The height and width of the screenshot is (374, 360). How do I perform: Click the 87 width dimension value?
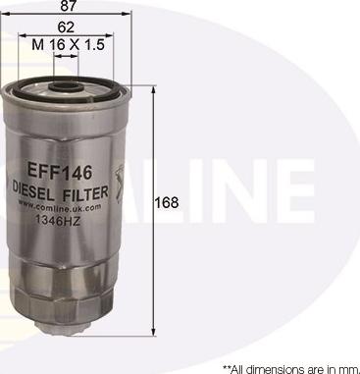click(68, 7)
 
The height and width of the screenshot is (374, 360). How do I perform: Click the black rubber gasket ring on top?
click(68, 80)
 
